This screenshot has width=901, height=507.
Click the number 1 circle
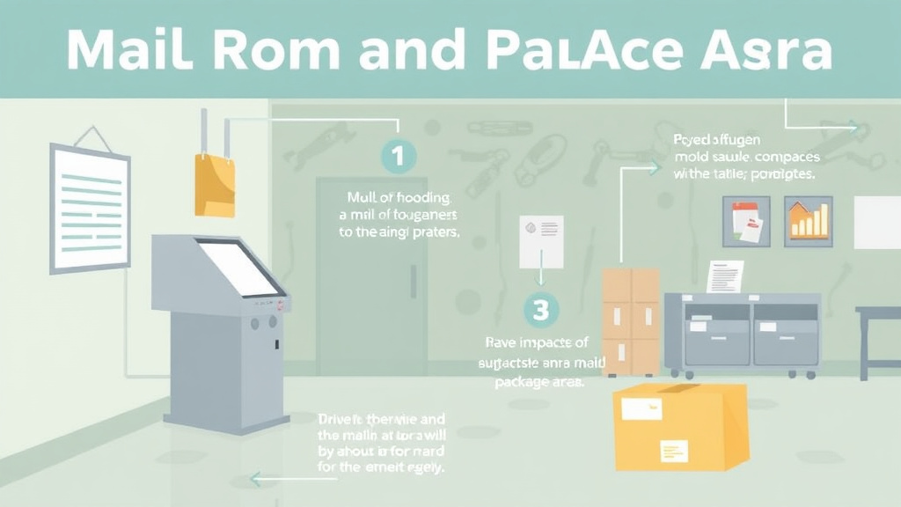point(398,158)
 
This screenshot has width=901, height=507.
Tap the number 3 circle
point(541,309)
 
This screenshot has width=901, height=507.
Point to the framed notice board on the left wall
point(90,208)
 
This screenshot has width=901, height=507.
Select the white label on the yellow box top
point(641,408)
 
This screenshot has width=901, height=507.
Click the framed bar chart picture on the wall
point(808,221)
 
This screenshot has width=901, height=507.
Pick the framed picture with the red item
point(746,221)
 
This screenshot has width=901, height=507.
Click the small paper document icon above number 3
point(540,241)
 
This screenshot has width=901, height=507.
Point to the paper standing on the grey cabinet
point(724,276)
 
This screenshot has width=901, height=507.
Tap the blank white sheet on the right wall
point(877,222)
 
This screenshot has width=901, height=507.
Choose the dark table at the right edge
point(880,334)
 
